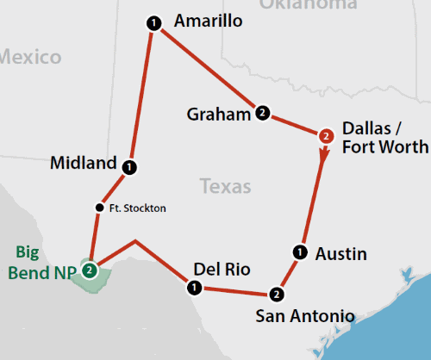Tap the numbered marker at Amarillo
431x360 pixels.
[x=153, y=23]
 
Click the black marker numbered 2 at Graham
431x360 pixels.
[x=261, y=112]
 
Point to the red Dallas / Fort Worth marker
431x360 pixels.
[x=325, y=135]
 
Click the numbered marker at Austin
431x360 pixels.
[x=299, y=251]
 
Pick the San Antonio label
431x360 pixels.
[x=304, y=316]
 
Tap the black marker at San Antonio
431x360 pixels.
[x=276, y=295]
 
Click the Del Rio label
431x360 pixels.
[x=222, y=270]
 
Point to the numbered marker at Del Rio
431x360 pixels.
[x=194, y=286]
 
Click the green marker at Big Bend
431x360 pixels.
[x=89, y=270]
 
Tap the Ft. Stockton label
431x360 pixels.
[x=137, y=208]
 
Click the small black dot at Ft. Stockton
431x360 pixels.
[x=99, y=207]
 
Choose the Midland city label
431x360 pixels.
[x=83, y=163]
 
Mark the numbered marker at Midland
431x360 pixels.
[x=128, y=165]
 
